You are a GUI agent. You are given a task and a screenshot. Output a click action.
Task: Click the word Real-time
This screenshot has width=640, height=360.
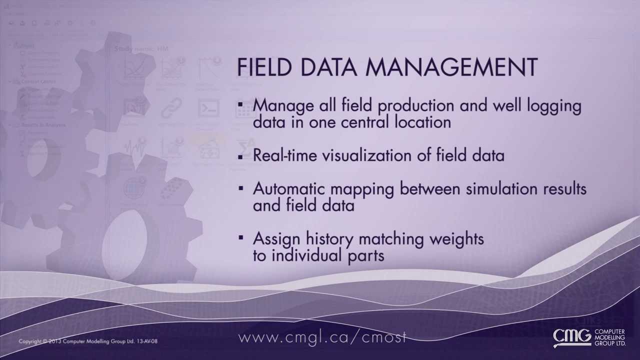pyautogui.click(x=285, y=155)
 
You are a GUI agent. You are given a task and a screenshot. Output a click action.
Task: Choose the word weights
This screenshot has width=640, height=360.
pyautogui.click(x=456, y=239)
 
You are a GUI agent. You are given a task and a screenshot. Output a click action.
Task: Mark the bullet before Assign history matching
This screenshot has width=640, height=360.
pyautogui.click(x=241, y=237)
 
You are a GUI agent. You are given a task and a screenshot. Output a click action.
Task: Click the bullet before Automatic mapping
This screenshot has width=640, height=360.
pyautogui.click(x=241, y=188)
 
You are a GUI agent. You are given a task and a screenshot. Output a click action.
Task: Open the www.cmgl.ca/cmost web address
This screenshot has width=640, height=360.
pyautogui.click(x=323, y=337)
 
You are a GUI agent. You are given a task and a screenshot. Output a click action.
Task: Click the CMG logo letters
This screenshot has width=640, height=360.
pyautogui.click(x=572, y=337)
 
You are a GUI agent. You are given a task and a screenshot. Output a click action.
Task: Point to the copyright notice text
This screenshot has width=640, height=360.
pyautogui.click(x=88, y=341)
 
